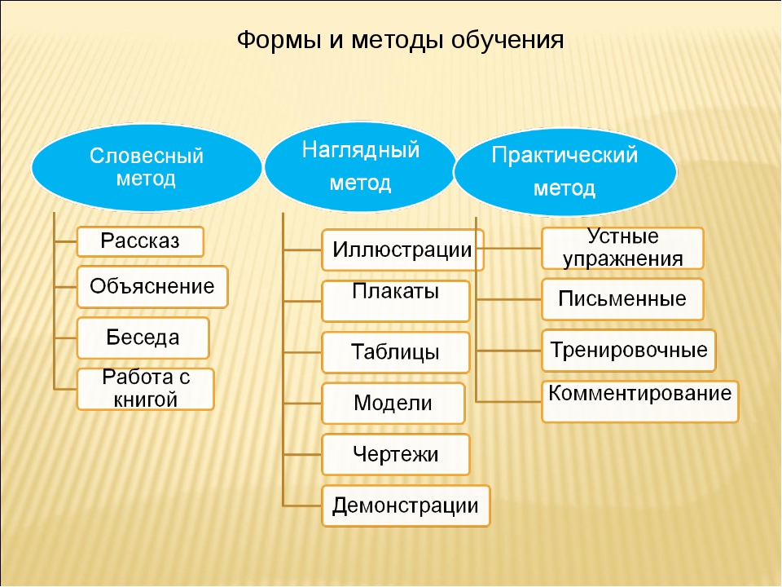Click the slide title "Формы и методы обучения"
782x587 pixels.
tap(400, 40)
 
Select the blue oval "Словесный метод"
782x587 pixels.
tap(146, 168)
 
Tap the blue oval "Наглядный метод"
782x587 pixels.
tap(360, 166)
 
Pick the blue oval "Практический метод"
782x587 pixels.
tap(565, 172)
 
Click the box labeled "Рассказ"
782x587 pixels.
tap(140, 241)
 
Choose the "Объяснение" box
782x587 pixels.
tap(152, 287)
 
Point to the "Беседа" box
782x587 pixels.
tap(143, 338)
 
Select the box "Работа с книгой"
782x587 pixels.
tap(145, 389)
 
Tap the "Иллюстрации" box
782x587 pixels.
tap(402, 250)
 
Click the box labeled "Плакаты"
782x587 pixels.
tap(396, 301)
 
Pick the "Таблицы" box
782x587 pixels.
tap(396, 352)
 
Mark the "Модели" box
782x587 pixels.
tap(393, 404)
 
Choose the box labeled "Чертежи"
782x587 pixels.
tap(396, 454)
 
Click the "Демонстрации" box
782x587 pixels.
tap(406, 505)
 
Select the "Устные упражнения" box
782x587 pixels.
tap(622, 248)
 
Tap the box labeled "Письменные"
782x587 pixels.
tap(622, 299)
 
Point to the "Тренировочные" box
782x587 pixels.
tap(628, 351)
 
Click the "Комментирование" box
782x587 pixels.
tap(640, 401)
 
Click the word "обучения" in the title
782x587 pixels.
tap(507, 41)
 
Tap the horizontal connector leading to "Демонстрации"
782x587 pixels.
tap(302, 505)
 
